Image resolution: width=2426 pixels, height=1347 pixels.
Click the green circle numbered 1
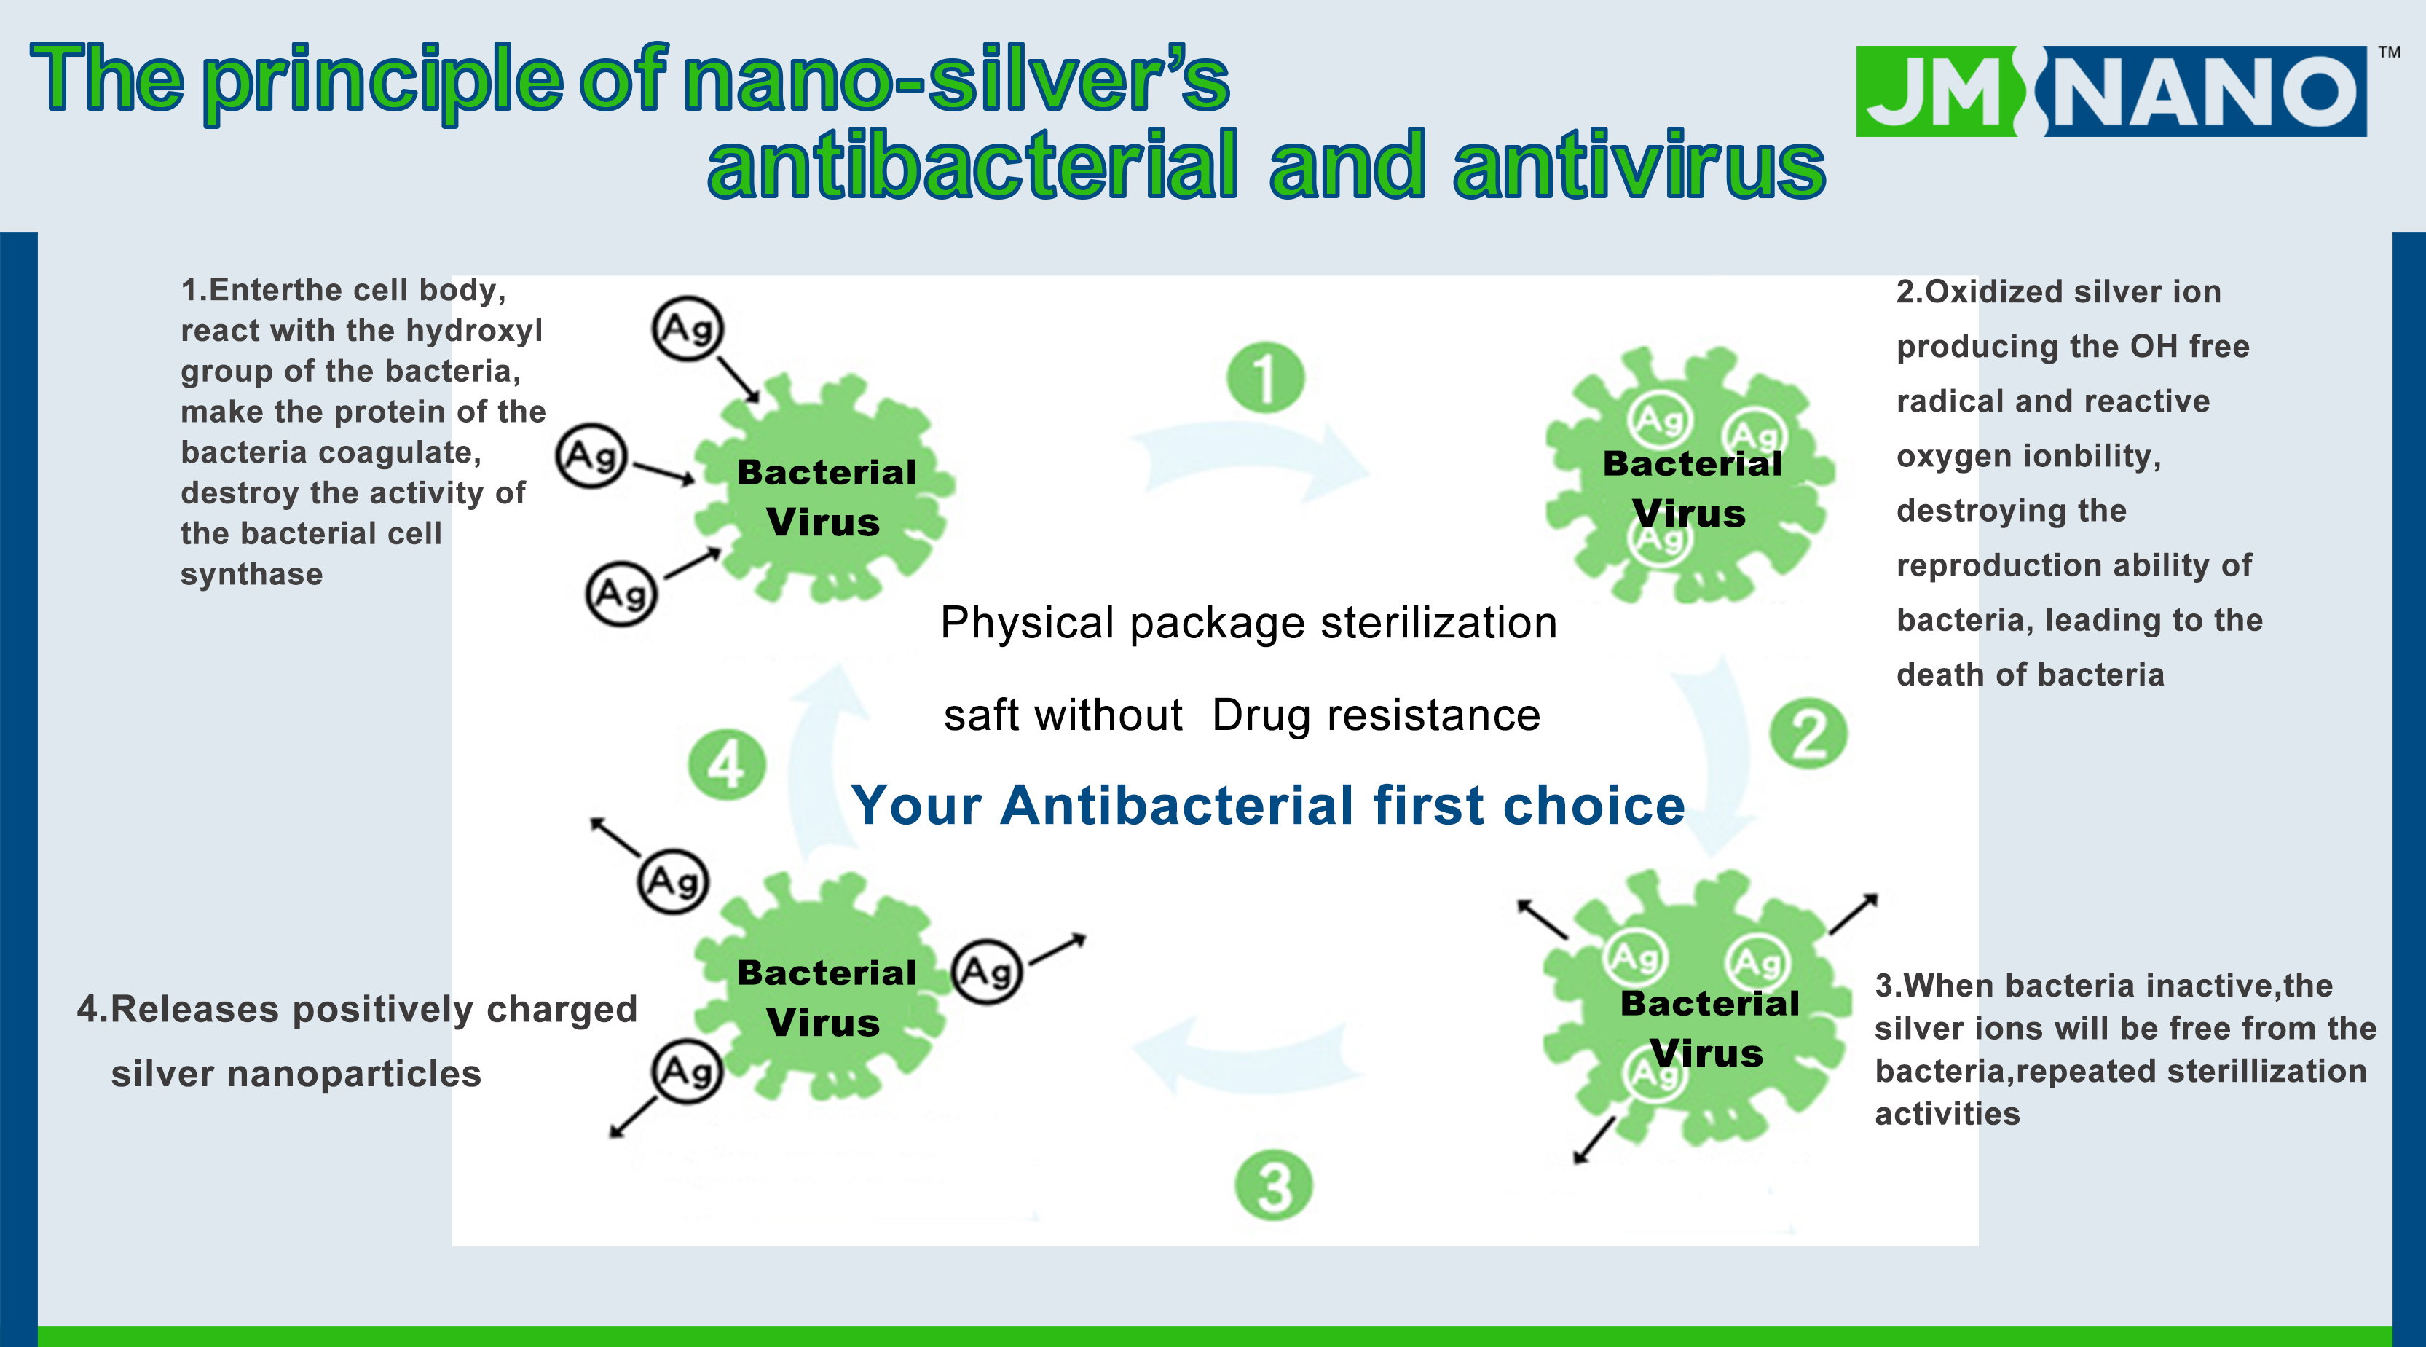pos(1265,377)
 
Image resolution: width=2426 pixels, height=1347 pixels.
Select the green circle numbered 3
pos(1273,1185)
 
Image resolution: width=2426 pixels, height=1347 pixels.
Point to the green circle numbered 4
pos(726,764)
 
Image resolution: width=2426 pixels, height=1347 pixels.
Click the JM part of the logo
pos(1938,91)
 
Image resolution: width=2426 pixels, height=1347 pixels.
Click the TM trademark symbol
pos(2390,52)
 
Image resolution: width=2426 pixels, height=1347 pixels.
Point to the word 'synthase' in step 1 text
pos(251,573)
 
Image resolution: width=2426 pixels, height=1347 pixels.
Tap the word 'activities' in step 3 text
pos(1947,1113)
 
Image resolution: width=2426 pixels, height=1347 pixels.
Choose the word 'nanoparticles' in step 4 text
pos(347,1074)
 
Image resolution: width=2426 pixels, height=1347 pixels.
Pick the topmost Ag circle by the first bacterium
pos(688,329)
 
